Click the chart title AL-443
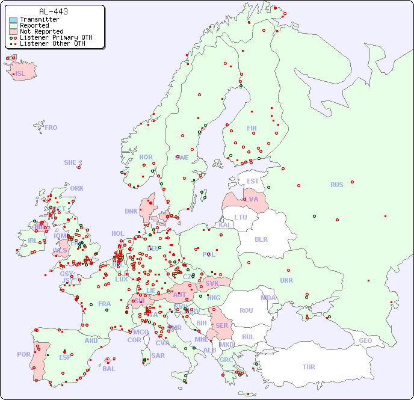(x=53, y=11)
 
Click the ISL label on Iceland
(x=20, y=74)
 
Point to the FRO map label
(x=51, y=128)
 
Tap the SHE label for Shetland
(x=70, y=162)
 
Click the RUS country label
(x=336, y=185)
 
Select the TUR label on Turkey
(x=309, y=367)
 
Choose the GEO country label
(x=365, y=340)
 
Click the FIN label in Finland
(x=252, y=128)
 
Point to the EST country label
(x=253, y=181)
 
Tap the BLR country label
(x=261, y=239)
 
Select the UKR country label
(x=286, y=280)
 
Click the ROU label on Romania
(x=246, y=310)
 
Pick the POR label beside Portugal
(x=23, y=354)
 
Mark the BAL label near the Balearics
(x=108, y=369)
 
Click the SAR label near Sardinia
(x=158, y=355)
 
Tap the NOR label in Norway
(x=146, y=157)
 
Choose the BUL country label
(x=248, y=337)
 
